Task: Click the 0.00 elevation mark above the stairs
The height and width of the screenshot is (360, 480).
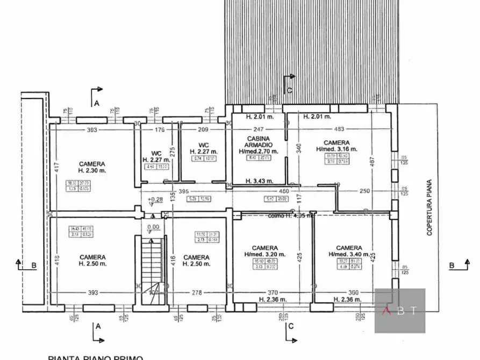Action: (154, 227)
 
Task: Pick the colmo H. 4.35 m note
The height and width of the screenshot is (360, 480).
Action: (291, 215)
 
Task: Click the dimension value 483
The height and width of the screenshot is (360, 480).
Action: (339, 129)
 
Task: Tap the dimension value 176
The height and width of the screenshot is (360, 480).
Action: (160, 129)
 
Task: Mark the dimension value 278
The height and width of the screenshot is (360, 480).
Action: (197, 292)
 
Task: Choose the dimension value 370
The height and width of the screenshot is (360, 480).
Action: (273, 292)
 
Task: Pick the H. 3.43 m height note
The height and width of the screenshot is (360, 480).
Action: (259, 181)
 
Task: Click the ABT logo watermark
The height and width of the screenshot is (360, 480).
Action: (399, 311)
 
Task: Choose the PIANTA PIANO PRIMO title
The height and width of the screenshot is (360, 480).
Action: (96, 357)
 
